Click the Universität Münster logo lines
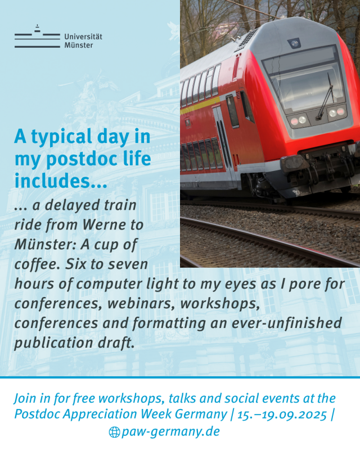[37, 37]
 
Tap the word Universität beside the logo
[83, 37]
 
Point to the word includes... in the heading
[61, 181]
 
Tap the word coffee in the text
[34, 264]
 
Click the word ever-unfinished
[287, 323]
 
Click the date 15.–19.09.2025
[282, 415]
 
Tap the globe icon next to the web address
[114, 432]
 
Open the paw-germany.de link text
[170, 432]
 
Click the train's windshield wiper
[326, 96]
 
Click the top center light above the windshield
[294, 43]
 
